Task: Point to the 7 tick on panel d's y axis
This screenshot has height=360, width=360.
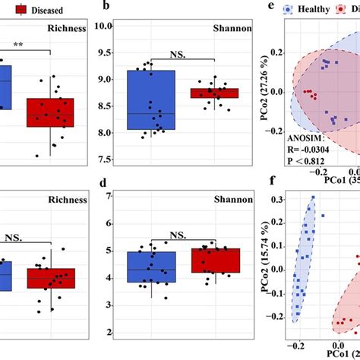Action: [x=109, y=196]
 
